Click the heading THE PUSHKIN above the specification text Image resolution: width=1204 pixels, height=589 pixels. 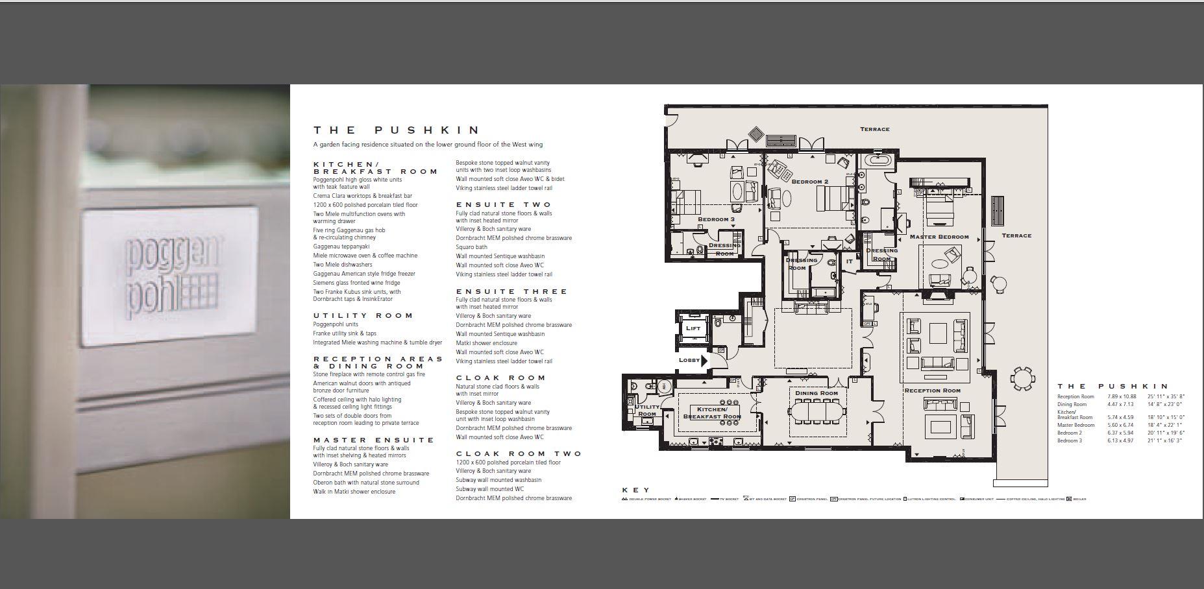tap(397, 130)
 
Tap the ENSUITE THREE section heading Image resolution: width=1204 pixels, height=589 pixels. tap(511, 291)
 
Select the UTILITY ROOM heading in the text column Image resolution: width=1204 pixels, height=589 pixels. tap(363, 315)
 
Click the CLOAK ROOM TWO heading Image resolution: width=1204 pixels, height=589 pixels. tap(519, 453)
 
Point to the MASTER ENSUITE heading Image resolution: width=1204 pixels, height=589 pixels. tap(374, 440)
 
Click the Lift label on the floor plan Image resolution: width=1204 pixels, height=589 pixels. tap(693, 328)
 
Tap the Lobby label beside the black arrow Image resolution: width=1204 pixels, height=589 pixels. tap(689, 360)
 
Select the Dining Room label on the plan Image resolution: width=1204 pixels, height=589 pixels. tap(816, 393)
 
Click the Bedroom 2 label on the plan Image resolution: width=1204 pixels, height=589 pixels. tap(809, 182)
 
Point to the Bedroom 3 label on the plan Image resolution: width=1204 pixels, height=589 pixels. tap(716, 219)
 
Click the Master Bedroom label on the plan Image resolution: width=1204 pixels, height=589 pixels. tap(939, 237)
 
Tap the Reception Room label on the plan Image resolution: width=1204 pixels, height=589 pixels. tap(932, 391)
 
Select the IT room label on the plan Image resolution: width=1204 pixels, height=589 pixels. tap(849, 261)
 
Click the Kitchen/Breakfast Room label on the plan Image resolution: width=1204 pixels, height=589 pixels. tap(712, 413)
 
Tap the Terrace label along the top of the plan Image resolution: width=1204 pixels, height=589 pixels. tap(874, 129)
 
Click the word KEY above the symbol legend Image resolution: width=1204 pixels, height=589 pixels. tap(635, 490)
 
